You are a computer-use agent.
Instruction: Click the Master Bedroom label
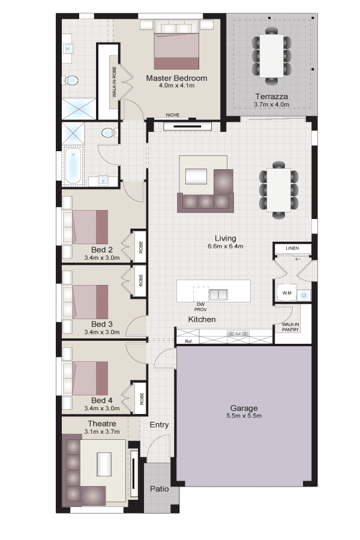176,78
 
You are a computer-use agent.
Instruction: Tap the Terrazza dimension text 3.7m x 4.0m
271,104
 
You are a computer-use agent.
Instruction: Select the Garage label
244,408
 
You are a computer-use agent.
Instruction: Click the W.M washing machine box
287,293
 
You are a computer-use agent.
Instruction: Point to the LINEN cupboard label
292,248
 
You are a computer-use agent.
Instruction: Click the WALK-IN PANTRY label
290,327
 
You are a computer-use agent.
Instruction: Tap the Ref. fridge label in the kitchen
188,341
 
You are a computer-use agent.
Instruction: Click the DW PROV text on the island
200,307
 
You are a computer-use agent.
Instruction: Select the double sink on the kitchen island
218,294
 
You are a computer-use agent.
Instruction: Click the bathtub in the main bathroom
73,166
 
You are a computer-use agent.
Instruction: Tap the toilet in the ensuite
71,81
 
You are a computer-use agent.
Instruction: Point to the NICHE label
173,115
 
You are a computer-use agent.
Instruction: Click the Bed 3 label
101,324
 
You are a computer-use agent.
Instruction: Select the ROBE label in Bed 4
141,398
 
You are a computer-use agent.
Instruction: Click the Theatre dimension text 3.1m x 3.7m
102,431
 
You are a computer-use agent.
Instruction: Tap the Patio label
159,488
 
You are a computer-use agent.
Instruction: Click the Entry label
159,425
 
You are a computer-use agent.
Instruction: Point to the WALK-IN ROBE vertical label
114,82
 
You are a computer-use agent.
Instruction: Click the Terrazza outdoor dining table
271,56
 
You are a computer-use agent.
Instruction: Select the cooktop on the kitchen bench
238,334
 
